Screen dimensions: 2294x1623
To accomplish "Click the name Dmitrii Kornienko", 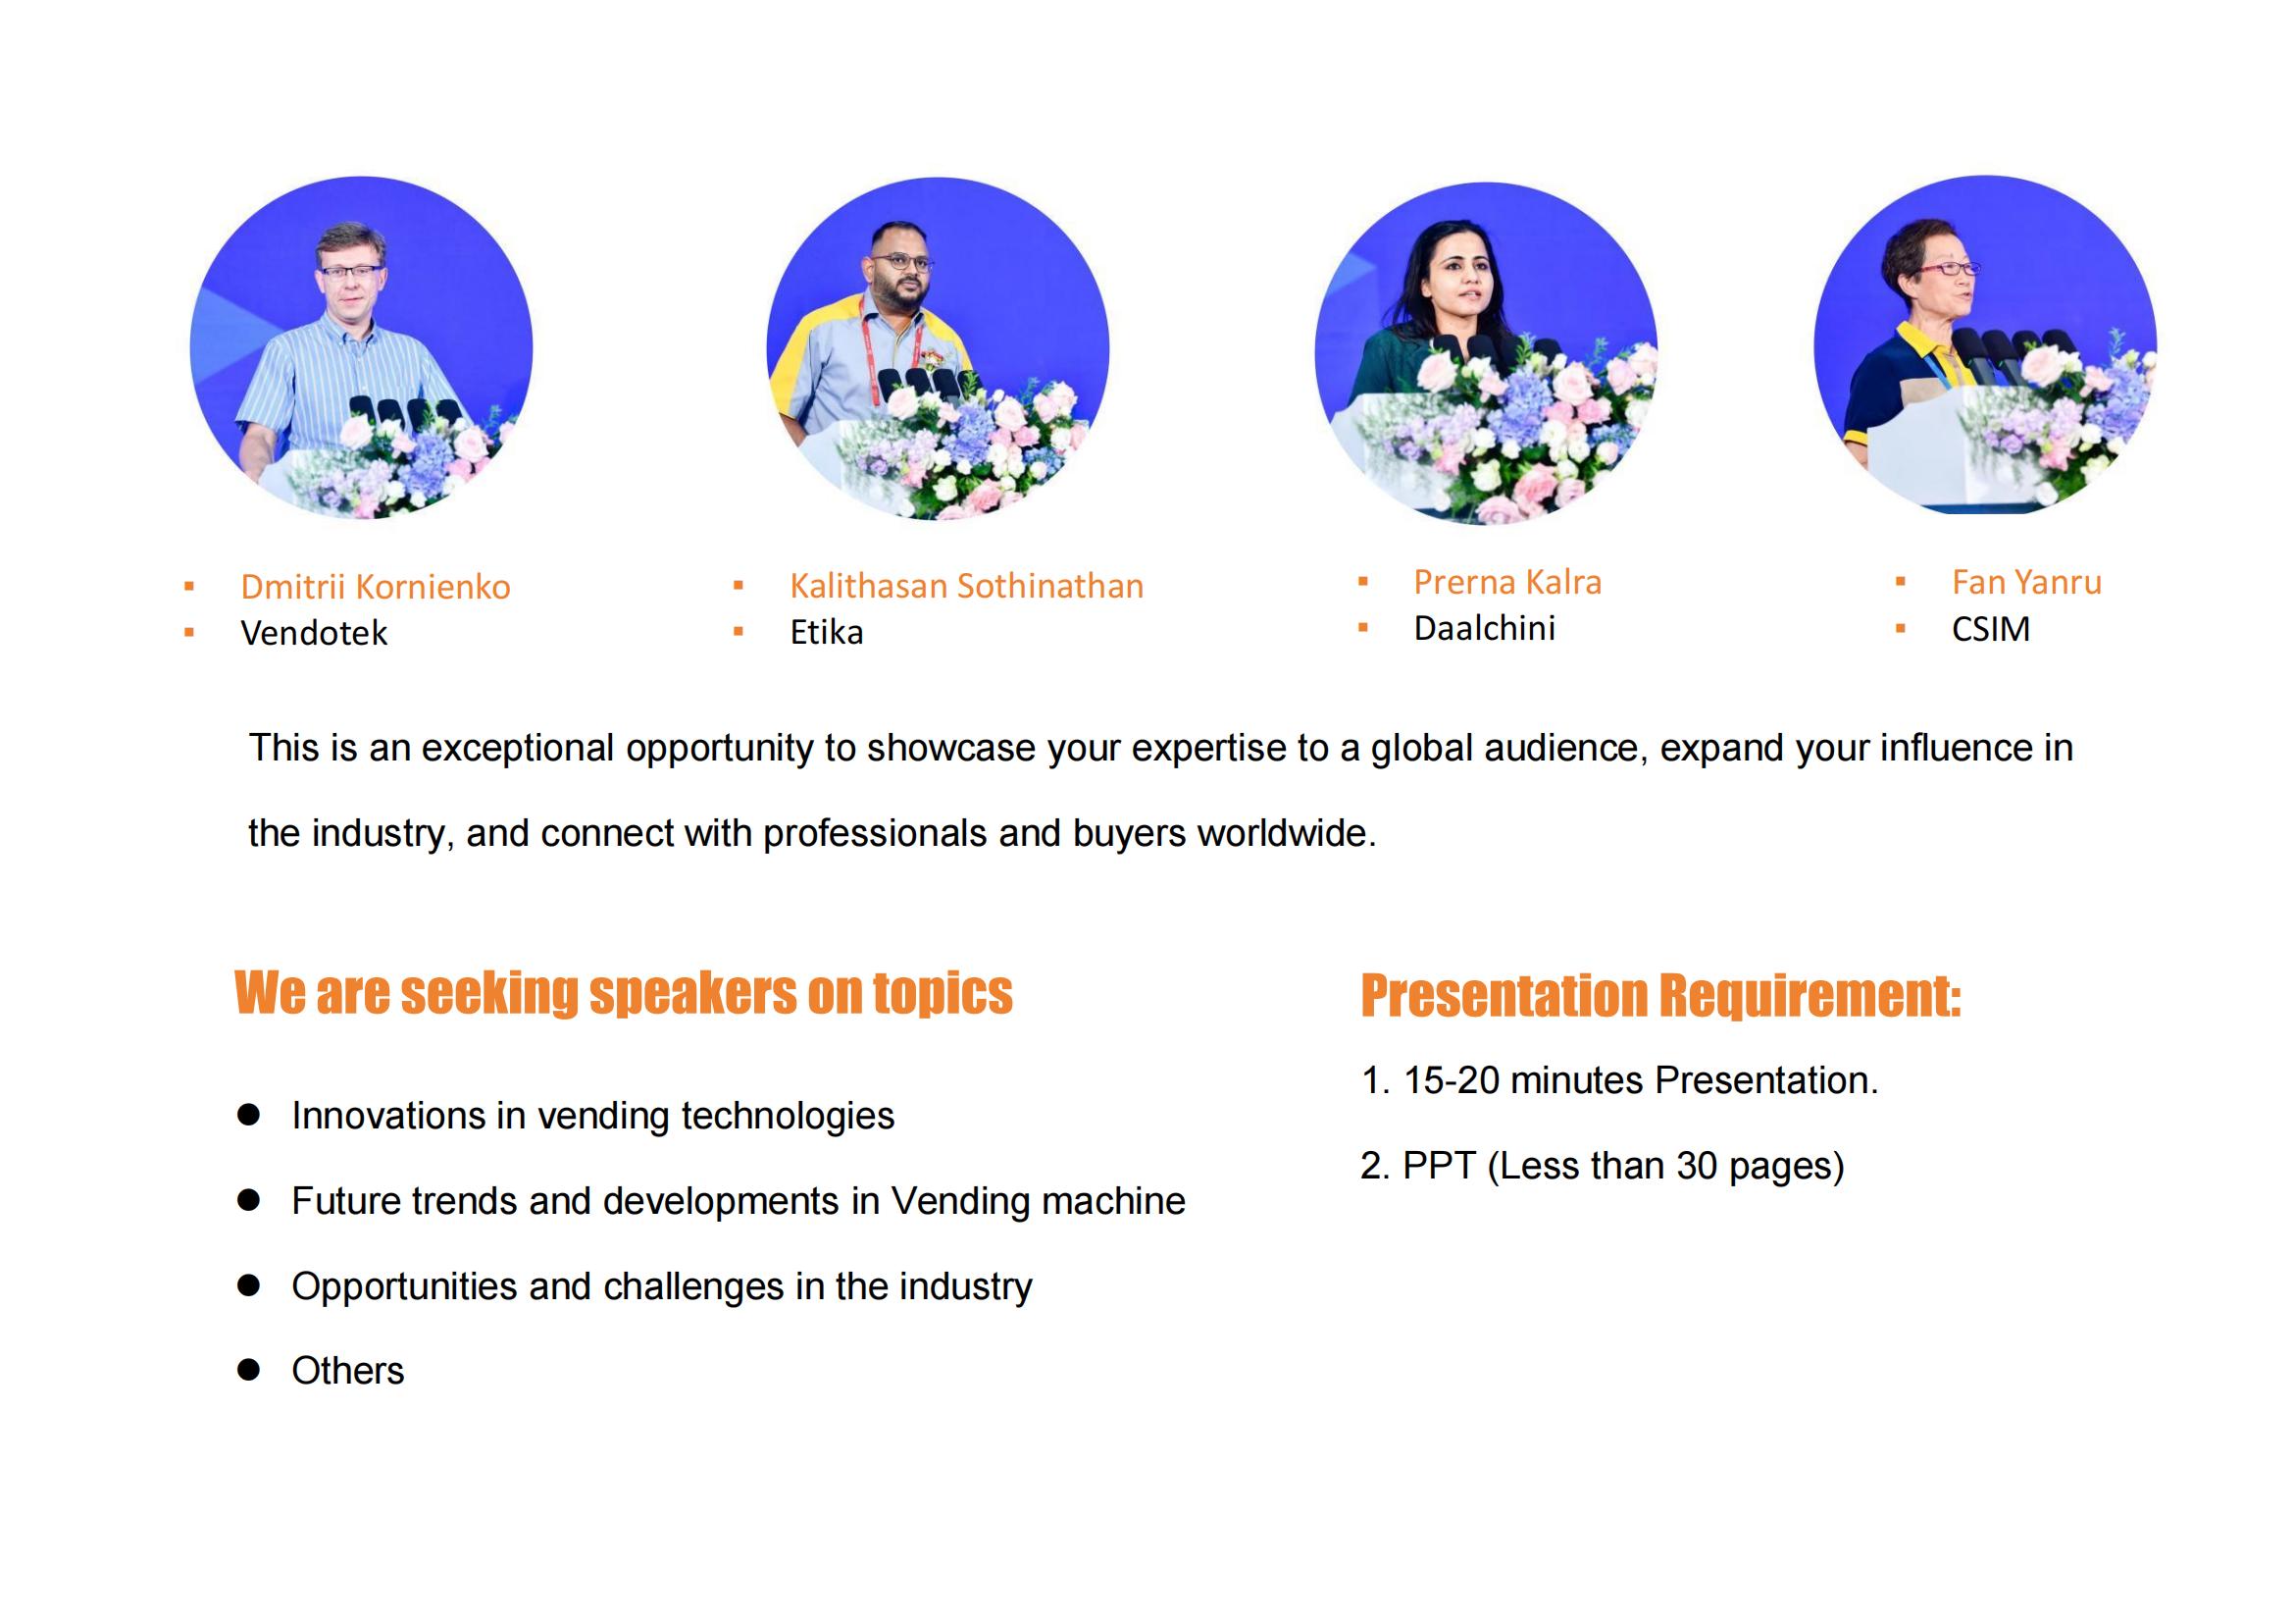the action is click(375, 587).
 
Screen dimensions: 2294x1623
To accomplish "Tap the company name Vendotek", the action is click(314, 633).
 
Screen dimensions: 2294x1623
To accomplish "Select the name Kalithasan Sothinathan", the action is click(966, 586).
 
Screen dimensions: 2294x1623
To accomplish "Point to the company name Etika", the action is click(826, 632).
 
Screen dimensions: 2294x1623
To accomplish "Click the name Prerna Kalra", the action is click(1506, 582).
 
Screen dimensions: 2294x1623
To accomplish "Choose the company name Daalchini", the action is click(1484, 628).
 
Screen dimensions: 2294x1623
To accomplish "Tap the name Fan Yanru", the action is click(2026, 582).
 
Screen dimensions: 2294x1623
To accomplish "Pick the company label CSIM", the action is click(1990, 629).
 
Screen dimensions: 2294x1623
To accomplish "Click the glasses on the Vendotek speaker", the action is click(350, 271).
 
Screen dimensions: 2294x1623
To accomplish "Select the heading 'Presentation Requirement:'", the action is click(1660, 996).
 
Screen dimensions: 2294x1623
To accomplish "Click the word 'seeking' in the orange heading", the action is click(488, 993).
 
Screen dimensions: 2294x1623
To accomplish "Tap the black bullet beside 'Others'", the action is click(249, 1369).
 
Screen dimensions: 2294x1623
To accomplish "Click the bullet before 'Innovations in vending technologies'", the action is click(249, 1115).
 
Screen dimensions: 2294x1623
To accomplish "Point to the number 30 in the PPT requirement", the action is click(1697, 1166).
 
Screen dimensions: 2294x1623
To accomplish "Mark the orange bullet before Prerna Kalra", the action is click(1363, 582).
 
